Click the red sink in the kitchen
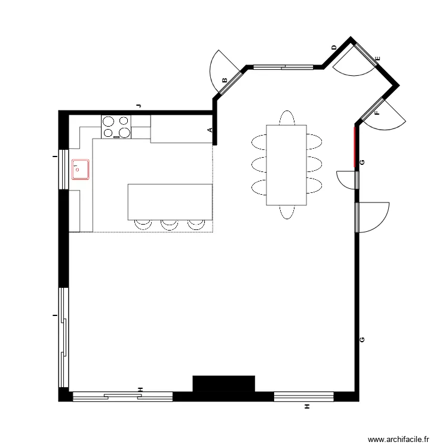click(81, 170)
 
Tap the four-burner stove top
click(116, 126)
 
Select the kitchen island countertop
click(170, 202)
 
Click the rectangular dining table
click(286, 164)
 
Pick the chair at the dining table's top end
click(287, 117)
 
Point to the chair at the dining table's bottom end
click(287, 211)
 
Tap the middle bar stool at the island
click(169, 224)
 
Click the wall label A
click(210, 130)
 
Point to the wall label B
click(225, 81)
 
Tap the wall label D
click(334, 47)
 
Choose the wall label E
click(377, 58)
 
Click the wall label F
click(377, 112)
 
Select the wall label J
click(139, 105)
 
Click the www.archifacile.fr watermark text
click(398, 439)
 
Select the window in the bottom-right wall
click(303, 396)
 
